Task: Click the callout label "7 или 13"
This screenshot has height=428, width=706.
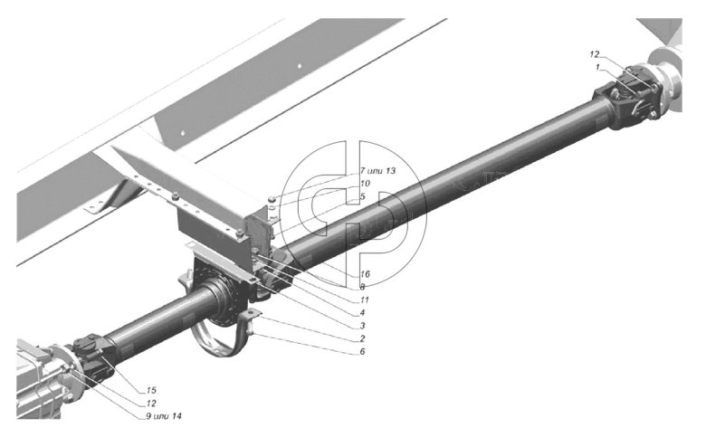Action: (377, 171)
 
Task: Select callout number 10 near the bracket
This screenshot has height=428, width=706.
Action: (364, 183)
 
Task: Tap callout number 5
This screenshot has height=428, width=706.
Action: (362, 196)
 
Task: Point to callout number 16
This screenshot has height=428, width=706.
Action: (365, 273)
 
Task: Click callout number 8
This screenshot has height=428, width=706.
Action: (362, 287)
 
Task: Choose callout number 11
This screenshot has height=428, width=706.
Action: (364, 300)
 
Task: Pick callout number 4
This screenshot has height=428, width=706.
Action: (362, 313)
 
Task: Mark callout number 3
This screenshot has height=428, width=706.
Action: (362, 326)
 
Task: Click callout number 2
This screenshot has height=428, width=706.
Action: (362, 338)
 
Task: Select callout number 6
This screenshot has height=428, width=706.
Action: (362, 351)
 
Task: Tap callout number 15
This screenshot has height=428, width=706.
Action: (151, 390)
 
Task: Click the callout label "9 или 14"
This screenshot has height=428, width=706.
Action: (164, 416)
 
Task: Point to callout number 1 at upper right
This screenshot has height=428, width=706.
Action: (597, 67)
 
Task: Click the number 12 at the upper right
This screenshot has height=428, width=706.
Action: (595, 54)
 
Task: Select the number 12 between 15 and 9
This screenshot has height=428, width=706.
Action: (151, 404)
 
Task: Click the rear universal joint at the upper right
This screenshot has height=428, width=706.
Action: (628, 97)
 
